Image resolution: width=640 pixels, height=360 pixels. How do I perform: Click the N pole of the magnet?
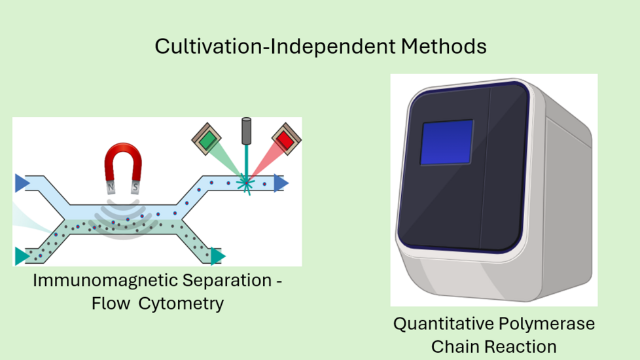click(113, 185)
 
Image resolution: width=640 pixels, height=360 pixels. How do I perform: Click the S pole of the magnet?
click(135, 185)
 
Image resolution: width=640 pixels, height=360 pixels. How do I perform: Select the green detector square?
click(207, 139)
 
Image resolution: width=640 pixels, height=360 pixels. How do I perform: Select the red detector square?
click(285, 139)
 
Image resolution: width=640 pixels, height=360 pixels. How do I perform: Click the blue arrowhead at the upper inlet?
click(22, 183)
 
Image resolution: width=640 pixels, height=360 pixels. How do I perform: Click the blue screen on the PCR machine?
click(446, 142)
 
